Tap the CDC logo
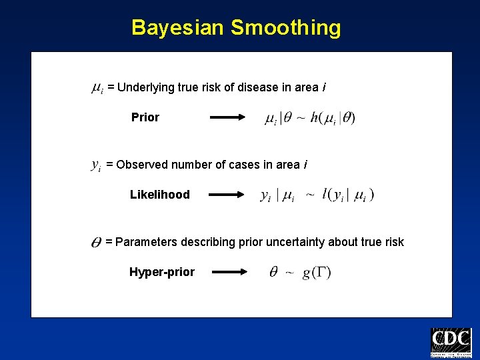(x=451, y=343)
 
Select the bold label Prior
(x=145, y=118)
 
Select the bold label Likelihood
(x=159, y=195)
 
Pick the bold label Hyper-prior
(x=162, y=272)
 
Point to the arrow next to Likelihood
(x=227, y=195)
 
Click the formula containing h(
(x=310, y=119)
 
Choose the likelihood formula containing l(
(x=317, y=195)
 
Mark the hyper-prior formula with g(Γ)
(x=300, y=272)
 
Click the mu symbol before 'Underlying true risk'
(x=96, y=88)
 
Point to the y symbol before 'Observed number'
(x=95, y=165)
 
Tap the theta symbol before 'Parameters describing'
(x=95, y=243)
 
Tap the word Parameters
(x=143, y=242)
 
